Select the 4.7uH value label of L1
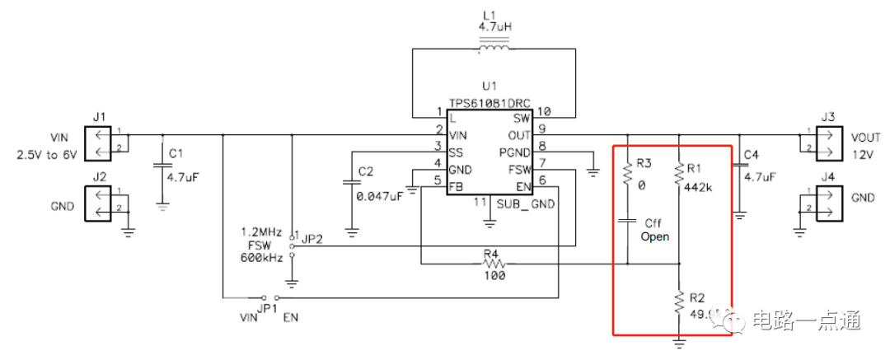(494, 26)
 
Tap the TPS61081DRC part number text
(489, 104)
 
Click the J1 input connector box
(100, 142)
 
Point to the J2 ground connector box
(100, 203)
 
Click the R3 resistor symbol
(628, 173)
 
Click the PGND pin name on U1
(515, 152)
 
